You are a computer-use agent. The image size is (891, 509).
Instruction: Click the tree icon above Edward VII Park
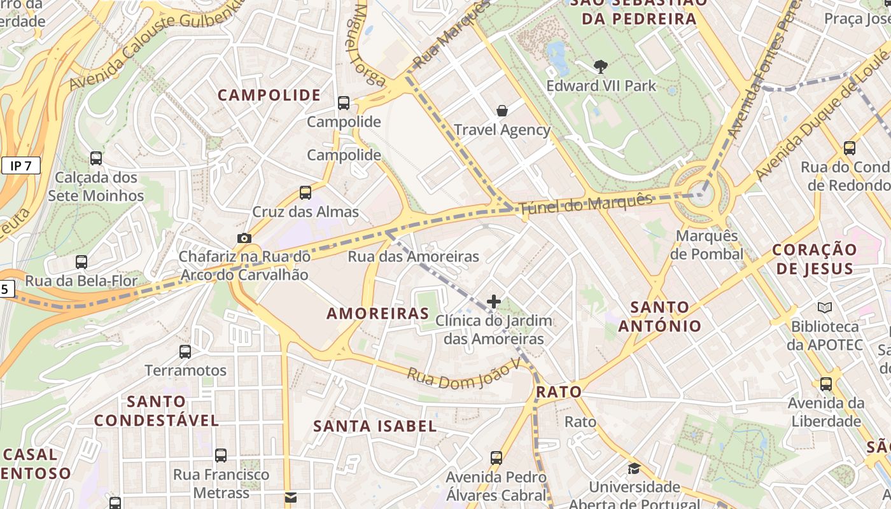[x=600, y=66]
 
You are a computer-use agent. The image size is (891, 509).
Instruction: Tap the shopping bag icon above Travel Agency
[x=502, y=111]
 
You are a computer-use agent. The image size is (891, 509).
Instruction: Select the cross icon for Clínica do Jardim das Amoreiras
[x=494, y=302]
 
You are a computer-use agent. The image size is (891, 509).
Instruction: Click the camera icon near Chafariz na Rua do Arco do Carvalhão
[x=244, y=238]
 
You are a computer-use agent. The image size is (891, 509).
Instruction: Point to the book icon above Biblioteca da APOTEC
[x=824, y=308]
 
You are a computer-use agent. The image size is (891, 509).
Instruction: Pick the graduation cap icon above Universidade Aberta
[x=634, y=469]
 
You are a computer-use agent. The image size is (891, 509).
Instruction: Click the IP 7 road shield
[x=21, y=166]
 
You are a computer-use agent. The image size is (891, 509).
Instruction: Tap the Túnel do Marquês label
[x=586, y=204]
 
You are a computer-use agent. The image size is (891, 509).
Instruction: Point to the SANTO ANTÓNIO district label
[x=659, y=316]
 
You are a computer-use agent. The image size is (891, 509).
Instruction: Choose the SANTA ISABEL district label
[x=375, y=426]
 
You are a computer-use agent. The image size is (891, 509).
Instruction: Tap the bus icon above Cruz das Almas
[x=305, y=192]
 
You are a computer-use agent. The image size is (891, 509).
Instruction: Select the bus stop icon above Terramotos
[x=185, y=351]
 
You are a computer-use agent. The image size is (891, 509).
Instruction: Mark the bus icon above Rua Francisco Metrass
[x=221, y=456]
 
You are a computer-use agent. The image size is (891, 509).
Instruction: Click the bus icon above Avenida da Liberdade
[x=825, y=384]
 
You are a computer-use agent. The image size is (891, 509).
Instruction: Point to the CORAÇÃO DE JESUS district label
[x=814, y=259]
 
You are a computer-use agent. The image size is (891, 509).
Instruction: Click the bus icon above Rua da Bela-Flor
[x=81, y=261]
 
